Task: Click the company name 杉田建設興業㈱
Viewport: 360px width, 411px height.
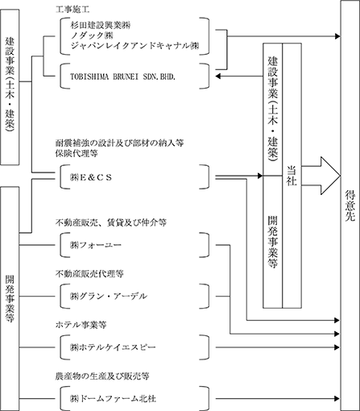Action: click(101, 26)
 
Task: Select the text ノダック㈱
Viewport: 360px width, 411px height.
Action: click(92, 35)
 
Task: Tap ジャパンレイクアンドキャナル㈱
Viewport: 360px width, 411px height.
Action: click(134, 46)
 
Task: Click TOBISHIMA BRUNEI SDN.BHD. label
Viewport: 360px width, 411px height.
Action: click(122, 77)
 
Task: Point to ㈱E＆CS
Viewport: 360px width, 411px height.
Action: click(91, 177)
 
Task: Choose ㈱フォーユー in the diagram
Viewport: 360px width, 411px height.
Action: click(96, 245)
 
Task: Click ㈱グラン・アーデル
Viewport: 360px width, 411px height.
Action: click(109, 297)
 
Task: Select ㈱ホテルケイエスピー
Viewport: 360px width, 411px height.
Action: click(113, 347)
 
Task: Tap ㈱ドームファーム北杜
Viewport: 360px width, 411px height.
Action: click(113, 399)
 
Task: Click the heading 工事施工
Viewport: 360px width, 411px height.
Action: click(72, 10)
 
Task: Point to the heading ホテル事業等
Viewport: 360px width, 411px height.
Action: click(81, 325)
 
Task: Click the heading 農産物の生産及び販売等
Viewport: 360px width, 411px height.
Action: click(102, 376)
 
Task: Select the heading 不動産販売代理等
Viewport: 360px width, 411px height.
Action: click(89, 274)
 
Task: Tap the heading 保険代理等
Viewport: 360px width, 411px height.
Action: click(77, 153)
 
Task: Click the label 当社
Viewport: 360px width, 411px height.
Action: click(292, 176)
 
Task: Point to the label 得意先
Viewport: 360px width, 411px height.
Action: click(350, 205)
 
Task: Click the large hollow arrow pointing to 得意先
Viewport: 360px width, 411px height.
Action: click(321, 176)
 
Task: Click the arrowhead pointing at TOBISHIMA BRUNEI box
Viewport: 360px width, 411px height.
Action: click(218, 77)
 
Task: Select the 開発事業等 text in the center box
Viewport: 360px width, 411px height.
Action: click(272, 242)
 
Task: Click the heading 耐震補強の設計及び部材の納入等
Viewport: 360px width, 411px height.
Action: click(119, 143)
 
